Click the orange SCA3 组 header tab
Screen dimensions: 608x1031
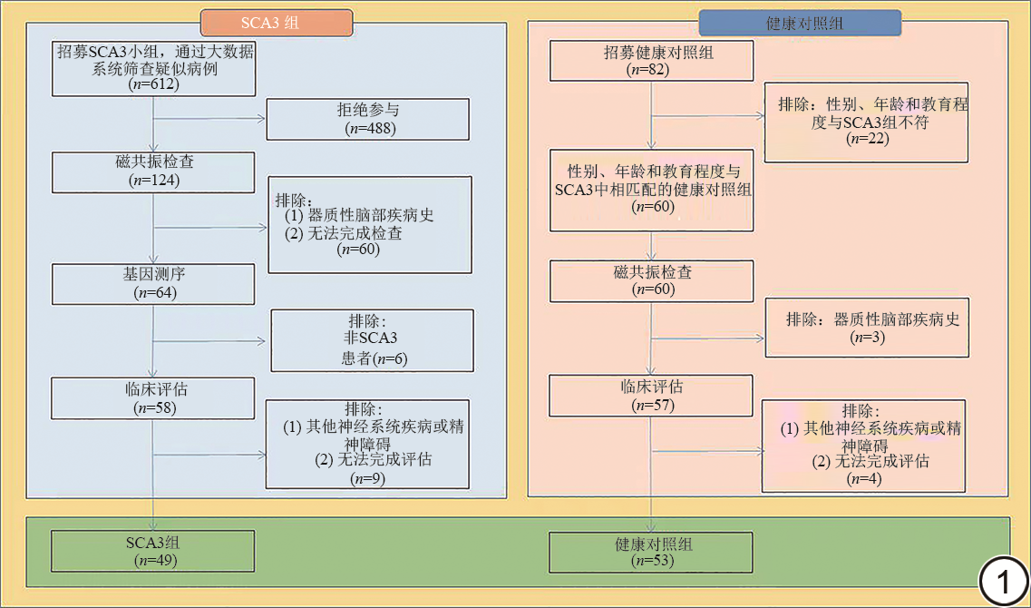click(x=276, y=23)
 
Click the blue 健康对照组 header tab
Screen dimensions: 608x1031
click(x=799, y=23)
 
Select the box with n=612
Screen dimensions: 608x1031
click(x=153, y=68)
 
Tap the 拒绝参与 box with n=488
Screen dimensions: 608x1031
click(x=367, y=119)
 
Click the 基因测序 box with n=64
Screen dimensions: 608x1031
click(x=153, y=283)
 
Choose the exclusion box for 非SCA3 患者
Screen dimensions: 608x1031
click(x=372, y=340)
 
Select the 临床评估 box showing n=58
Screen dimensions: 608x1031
click(x=153, y=397)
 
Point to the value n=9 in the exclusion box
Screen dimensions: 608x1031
click(x=367, y=478)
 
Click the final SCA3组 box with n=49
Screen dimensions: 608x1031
click(x=153, y=552)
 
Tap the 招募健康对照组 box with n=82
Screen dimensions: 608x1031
click(x=650, y=61)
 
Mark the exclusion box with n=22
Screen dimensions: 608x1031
click(x=866, y=122)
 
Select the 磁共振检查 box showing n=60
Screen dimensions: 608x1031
click(x=650, y=280)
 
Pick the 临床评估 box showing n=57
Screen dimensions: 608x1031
click(x=650, y=396)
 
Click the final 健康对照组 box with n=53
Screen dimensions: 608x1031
click(x=650, y=552)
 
